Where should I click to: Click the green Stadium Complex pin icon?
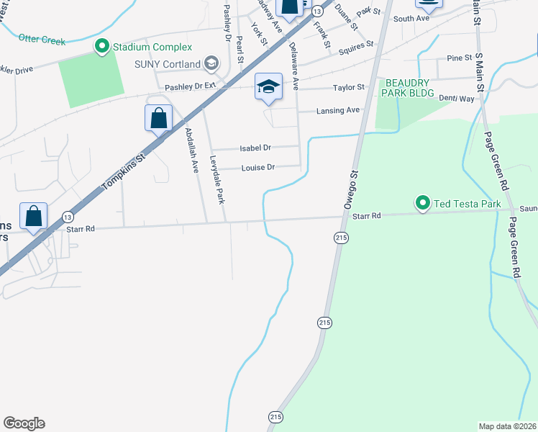pyautogui.click(x=102, y=48)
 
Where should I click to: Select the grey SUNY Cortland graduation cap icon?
pyautogui.click(x=211, y=64)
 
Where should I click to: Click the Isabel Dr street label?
pyautogui.click(x=255, y=148)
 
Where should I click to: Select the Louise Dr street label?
pyautogui.click(x=257, y=168)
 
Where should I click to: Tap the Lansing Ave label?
pyautogui.click(x=338, y=111)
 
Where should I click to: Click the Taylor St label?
pyautogui.click(x=349, y=88)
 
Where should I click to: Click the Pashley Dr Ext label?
pyautogui.click(x=190, y=86)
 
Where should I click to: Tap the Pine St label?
pyautogui.click(x=459, y=58)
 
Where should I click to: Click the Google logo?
pyautogui.click(x=24, y=423)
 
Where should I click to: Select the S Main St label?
pyautogui.click(x=478, y=14)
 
